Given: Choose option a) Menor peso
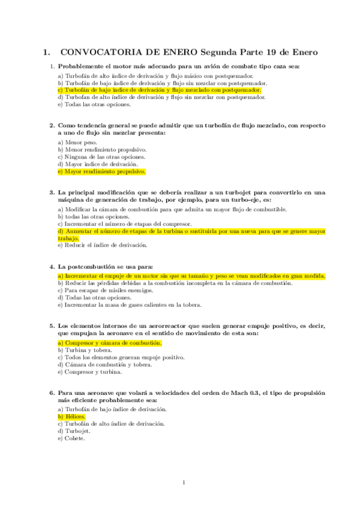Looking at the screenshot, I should pos(77,142).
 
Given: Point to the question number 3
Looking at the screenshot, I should pos(52,193).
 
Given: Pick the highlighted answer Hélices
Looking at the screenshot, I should pos(72,417).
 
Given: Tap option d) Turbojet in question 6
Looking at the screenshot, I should pos(74,431).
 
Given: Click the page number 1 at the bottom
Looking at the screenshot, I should pos(184,482).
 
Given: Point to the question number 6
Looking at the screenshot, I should pos(52,393).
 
